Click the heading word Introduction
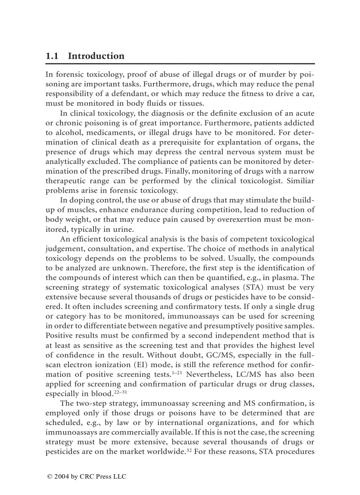point(96,56)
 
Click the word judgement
point(65,249)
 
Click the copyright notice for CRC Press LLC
point(86,476)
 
